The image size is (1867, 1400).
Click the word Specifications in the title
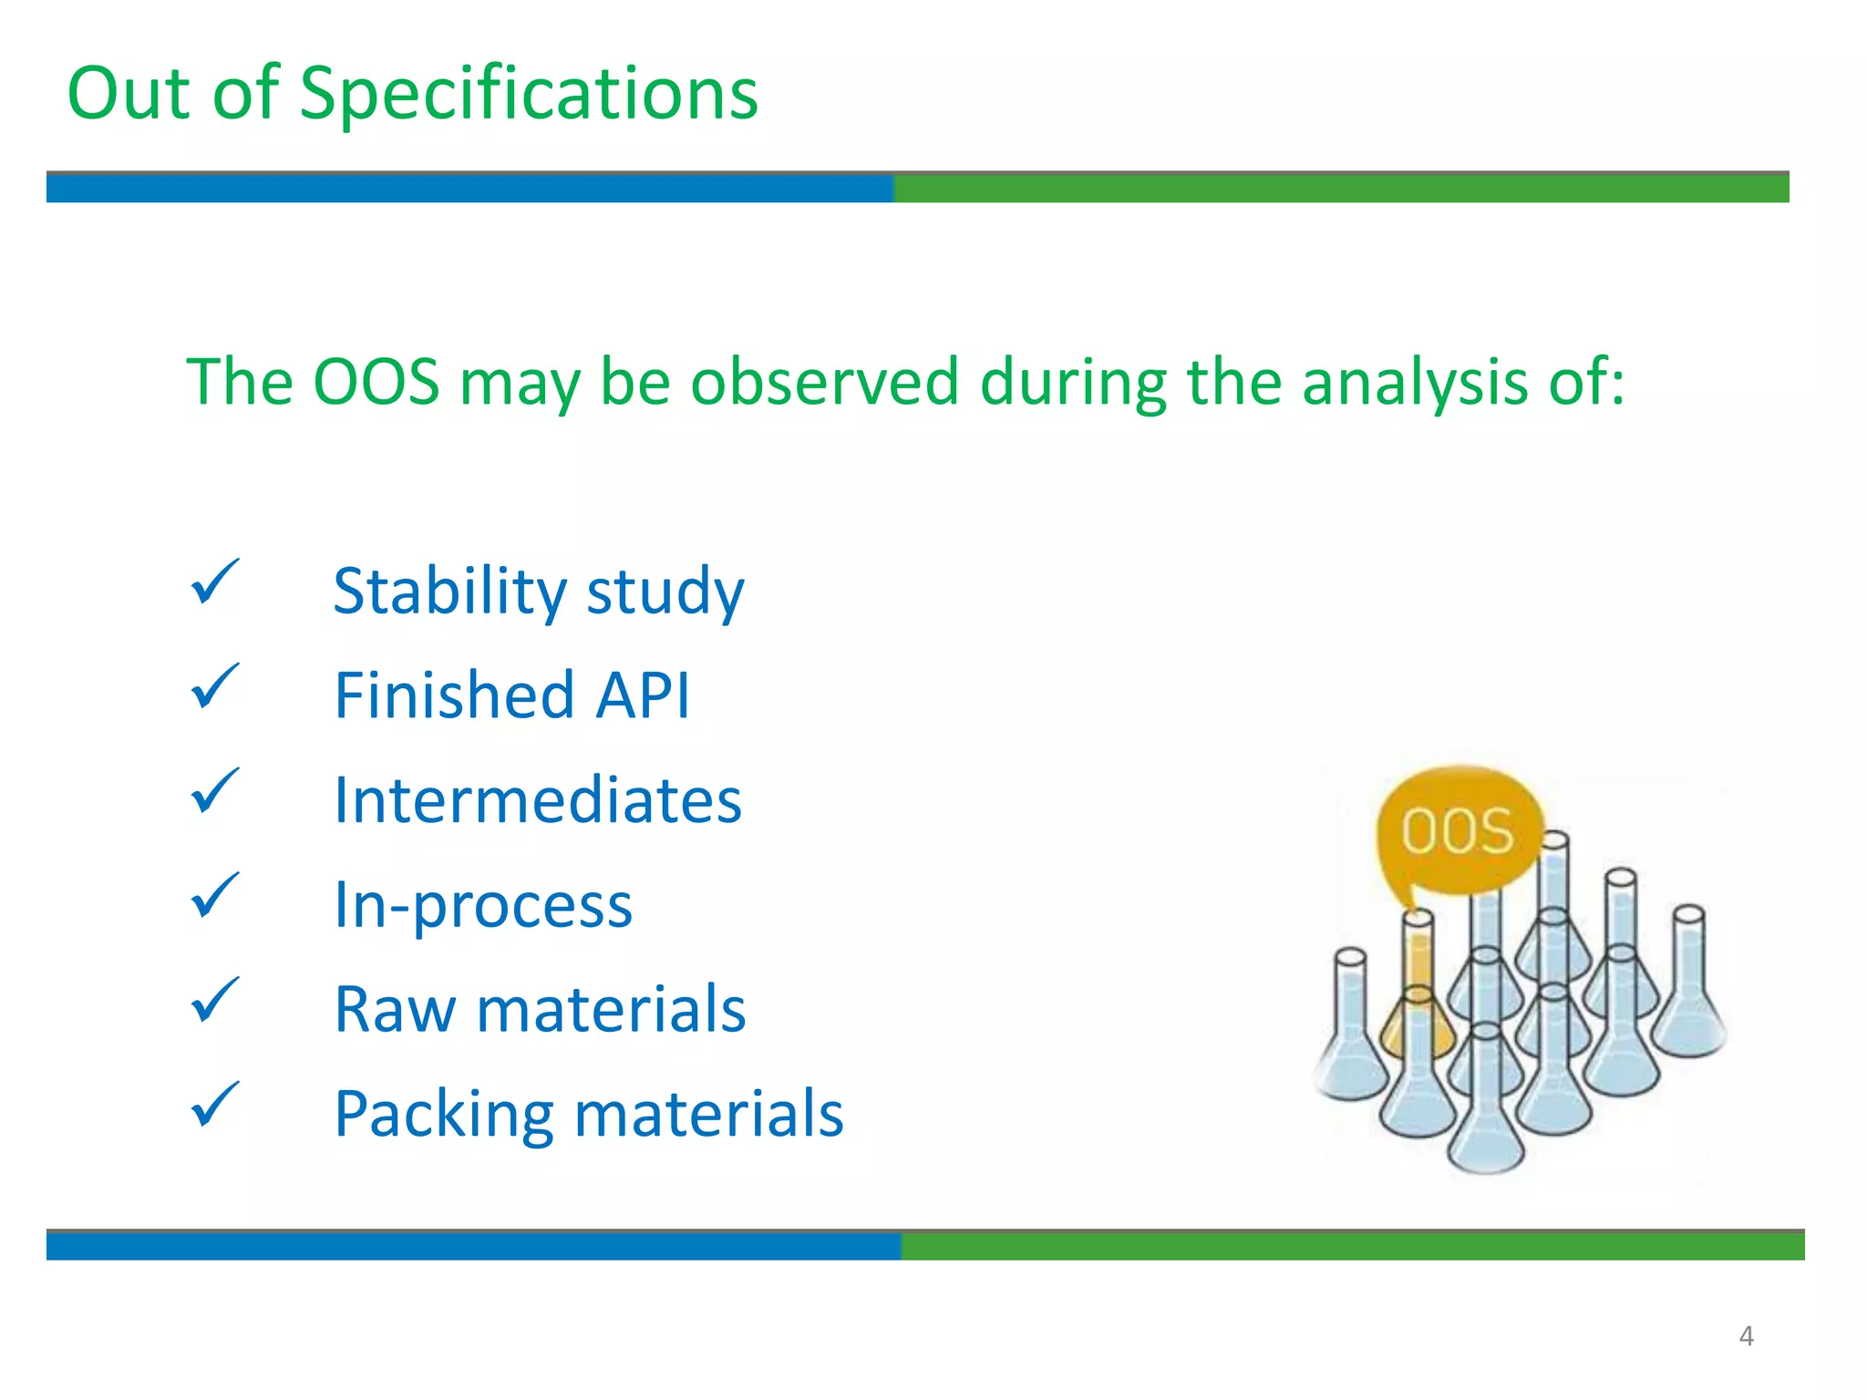(529, 95)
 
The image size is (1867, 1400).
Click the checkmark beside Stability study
(214, 582)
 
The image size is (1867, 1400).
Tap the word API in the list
(643, 695)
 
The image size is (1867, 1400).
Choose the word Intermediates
(538, 800)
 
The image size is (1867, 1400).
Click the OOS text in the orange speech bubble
(1457, 831)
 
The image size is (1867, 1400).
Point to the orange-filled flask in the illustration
(1418, 1012)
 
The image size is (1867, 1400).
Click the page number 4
(1746, 1336)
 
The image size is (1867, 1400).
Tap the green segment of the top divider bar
(1340, 188)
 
